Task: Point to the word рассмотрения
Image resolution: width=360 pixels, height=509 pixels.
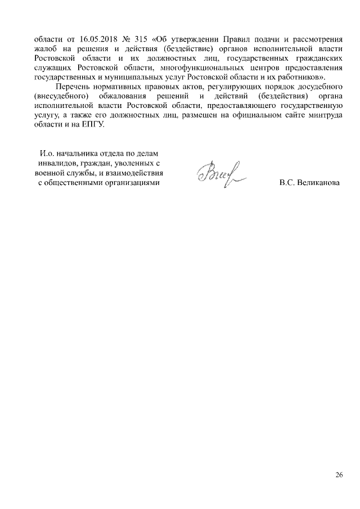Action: pyautogui.click(x=316, y=40)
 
